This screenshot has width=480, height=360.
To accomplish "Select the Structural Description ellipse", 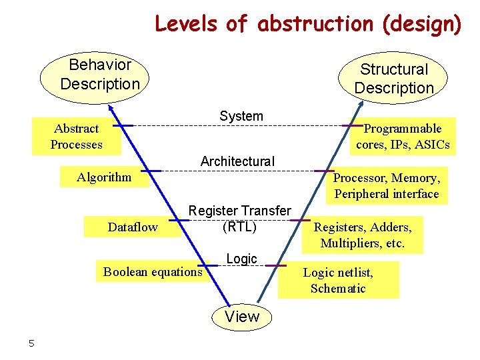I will pos(393,79).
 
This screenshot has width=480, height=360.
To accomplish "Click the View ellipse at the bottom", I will pos(242,317).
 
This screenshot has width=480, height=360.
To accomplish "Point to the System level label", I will pos(241,116).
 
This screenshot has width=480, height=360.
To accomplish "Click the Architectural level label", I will pos(237,161).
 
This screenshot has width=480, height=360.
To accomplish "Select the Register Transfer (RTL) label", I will pos(240,219).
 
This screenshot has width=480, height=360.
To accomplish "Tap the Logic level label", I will pos(241,259).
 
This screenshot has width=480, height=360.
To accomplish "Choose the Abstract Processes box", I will pos(77,137).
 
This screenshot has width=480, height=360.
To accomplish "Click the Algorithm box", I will pos(104,177).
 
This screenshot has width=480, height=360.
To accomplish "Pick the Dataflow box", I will pos(133,227).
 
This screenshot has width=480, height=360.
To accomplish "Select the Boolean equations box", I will pos(152,271).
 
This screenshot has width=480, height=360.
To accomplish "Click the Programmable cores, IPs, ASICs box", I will pos(403,137).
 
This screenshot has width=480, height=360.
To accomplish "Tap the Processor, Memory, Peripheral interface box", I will pos(387,186).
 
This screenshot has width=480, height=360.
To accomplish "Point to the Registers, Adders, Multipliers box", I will pos(363,235).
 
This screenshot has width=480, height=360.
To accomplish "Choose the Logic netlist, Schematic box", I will pos(338,280).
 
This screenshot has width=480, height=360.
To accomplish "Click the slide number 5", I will pos(31,343).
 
